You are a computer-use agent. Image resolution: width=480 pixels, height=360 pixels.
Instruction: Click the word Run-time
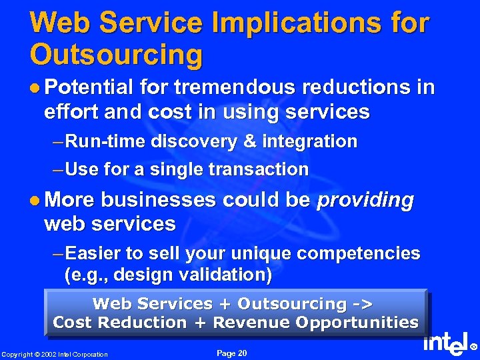107,141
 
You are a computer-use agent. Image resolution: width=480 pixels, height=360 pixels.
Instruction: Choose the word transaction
263,169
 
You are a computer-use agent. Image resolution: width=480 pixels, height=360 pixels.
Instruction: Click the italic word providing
365,200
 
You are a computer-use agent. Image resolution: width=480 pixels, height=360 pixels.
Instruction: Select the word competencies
358,253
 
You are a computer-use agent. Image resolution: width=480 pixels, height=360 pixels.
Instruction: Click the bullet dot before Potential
35,88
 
